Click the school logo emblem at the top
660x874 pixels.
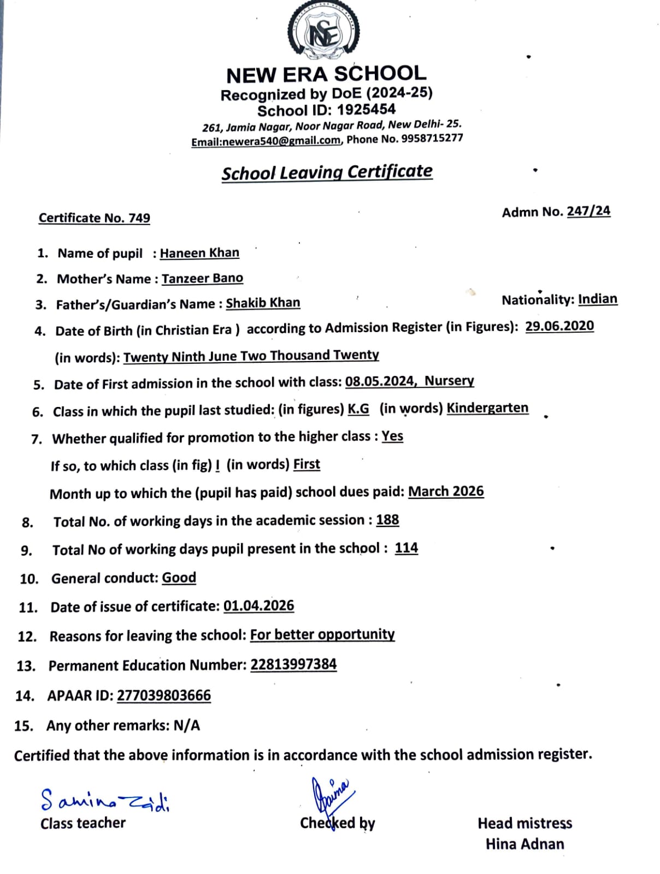(x=323, y=32)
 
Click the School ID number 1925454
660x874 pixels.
(x=366, y=110)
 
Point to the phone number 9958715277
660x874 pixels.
(x=432, y=138)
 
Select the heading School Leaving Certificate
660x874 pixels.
(x=327, y=172)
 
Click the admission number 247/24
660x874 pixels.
(x=588, y=211)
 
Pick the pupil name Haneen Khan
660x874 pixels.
(x=199, y=253)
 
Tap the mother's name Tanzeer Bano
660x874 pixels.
(x=202, y=279)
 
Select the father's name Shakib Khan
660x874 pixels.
(x=263, y=303)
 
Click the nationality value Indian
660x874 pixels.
(x=598, y=299)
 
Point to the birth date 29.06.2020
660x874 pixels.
(x=559, y=326)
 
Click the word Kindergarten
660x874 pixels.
(x=487, y=408)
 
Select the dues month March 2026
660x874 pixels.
(x=446, y=492)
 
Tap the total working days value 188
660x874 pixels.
(x=387, y=520)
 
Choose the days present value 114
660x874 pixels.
(x=406, y=548)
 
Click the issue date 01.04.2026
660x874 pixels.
(x=258, y=606)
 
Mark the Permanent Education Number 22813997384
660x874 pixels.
(x=293, y=665)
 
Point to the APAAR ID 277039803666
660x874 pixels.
(x=164, y=695)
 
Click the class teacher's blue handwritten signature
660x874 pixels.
(x=104, y=801)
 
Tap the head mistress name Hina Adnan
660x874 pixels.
(x=525, y=844)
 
